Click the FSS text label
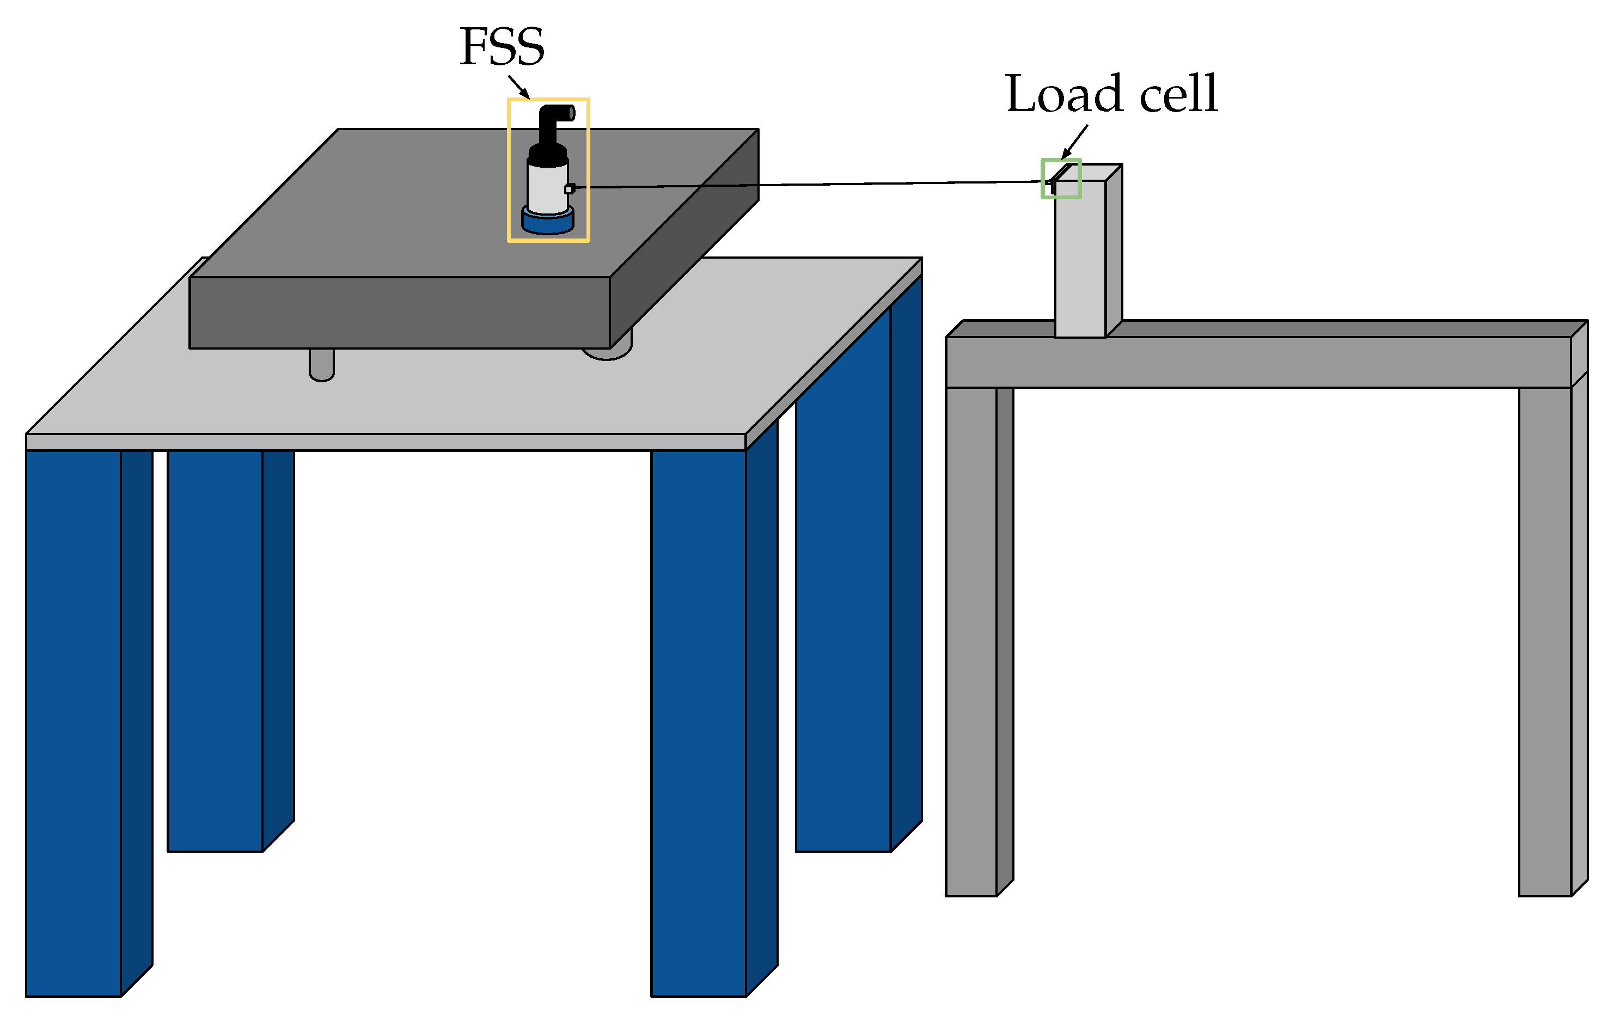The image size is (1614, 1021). [x=502, y=47]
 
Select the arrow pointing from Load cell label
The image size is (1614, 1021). [x=1074, y=142]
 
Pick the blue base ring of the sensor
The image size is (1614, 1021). [x=548, y=223]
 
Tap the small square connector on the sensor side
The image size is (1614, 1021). [x=569, y=189]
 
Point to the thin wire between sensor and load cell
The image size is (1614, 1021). [x=804, y=185]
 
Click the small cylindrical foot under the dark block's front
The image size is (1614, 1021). [x=322, y=365]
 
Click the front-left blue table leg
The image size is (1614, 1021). [x=74, y=724]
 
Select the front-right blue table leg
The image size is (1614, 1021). [x=699, y=724]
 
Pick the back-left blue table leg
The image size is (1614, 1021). [x=215, y=650]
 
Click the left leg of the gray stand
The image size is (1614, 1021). [x=971, y=637]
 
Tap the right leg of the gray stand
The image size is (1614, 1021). [x=1545, y=637]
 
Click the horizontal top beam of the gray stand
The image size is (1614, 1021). [x=1274, y=362]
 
